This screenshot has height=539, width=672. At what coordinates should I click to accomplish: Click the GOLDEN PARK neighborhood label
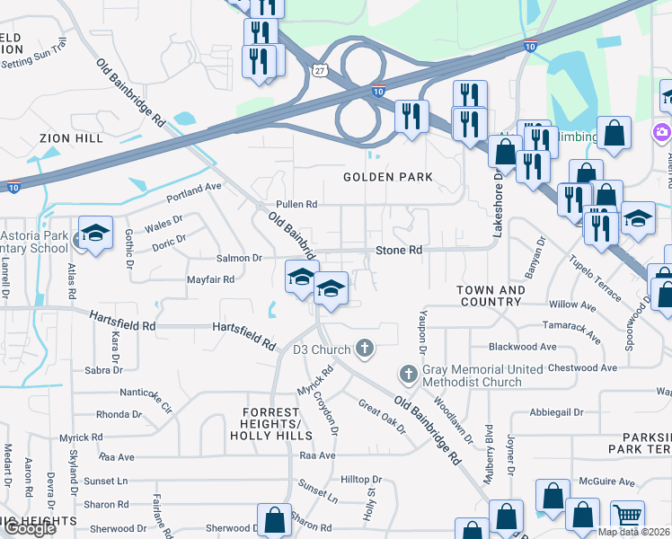click(x=388, y=177)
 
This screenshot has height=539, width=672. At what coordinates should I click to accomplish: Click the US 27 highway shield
click(x=320, y=67)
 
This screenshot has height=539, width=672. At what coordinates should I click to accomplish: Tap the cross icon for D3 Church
click(x=364, y=348)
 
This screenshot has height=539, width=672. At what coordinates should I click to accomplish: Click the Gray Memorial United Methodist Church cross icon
click(x=407, y=372)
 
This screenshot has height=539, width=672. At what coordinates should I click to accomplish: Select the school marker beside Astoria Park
click(x=95, y=234)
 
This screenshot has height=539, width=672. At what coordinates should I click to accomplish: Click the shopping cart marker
click(x=627, y=515)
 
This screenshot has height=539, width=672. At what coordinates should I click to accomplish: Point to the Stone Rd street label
click(x=398, y=250)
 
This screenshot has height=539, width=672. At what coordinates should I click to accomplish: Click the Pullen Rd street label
click(x=297, y=205)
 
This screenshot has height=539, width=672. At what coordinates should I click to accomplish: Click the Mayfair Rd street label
click(x=210, y=279)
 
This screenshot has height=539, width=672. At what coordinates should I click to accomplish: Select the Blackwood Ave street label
click(x=522, y=347)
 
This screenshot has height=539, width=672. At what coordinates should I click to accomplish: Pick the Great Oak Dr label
click(x=382, y=416)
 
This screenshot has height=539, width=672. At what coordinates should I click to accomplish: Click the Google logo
click(x=31, y=528)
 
